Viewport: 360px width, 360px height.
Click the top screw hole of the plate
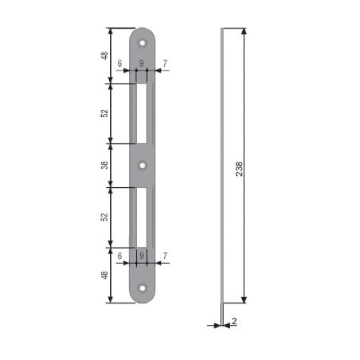click(143, 43)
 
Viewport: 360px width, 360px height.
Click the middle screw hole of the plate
click(143, 166)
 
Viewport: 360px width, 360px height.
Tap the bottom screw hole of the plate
click(143, 288)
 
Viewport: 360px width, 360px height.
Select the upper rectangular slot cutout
click(142, 114)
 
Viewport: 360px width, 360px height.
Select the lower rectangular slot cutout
click(142, 217)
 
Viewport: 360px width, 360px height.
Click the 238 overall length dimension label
click(239, 169)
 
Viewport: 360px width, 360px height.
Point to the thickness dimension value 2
click(234, 321)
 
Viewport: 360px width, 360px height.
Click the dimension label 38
click(104, 165)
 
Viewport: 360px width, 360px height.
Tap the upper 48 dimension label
click(104, 56)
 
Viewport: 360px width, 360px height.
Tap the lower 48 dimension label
click(104, 275)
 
